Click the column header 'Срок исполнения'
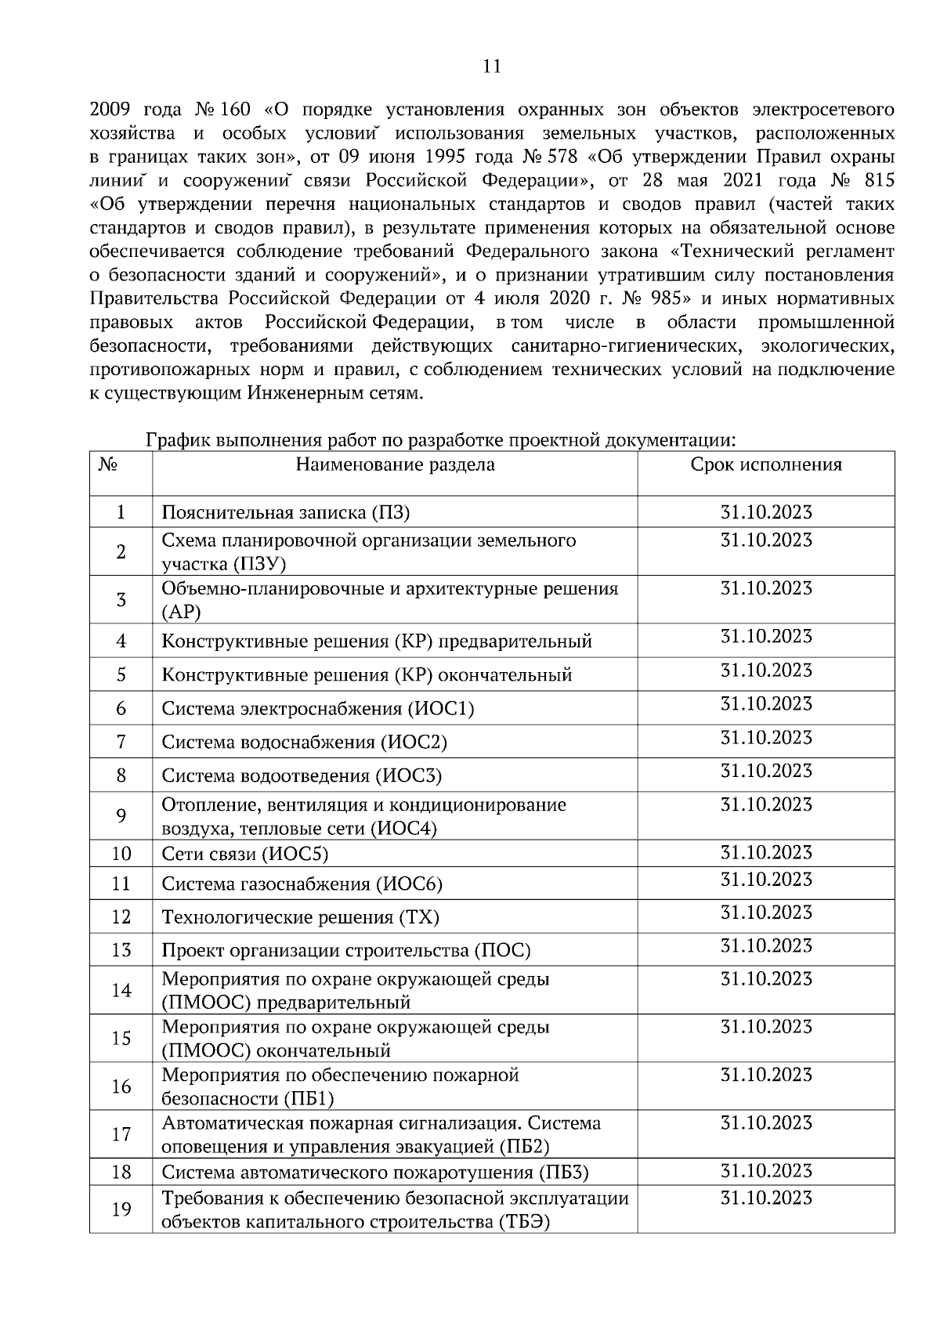click(765, 464)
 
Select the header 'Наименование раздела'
click(395, 464)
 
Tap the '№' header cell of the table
click(108, 464)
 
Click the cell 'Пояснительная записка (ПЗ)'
click(286, 512)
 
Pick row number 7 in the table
click(121, 742)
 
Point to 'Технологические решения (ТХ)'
click(300, 917)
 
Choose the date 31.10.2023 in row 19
click(765, 1198)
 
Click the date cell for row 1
click(765, 512)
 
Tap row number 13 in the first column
click(121, 951)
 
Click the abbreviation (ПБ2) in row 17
click(524, 1147)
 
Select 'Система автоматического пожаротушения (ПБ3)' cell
click(374, 1173)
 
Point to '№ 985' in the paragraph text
click(652, 299)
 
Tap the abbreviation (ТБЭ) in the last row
click(522, 1222)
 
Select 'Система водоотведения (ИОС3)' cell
click(302, 775)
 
